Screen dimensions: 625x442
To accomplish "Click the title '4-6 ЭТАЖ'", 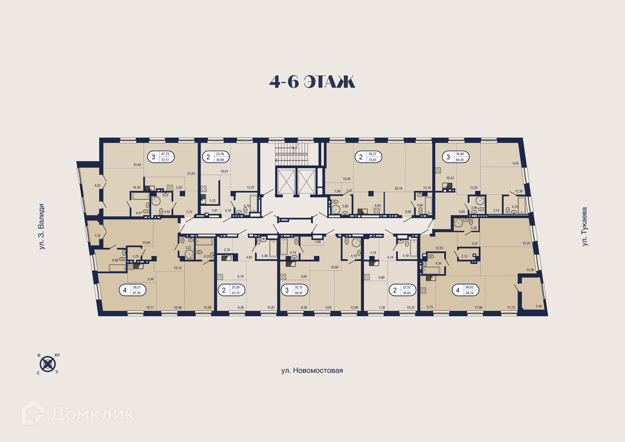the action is point(312,82).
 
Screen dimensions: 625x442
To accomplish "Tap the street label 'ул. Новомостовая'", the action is point(312,370).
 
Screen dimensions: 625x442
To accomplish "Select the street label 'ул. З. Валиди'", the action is point(41,227).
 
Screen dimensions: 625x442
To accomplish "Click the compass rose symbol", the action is point(48,364).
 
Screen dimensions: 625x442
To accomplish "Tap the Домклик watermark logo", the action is point(78,413).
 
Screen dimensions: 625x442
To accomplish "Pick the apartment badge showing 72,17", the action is point(161,157).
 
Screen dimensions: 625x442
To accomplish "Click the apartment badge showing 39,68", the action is point(216,157).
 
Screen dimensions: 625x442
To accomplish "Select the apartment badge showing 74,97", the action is point(368,157).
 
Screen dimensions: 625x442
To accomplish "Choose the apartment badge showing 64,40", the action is point(456,157).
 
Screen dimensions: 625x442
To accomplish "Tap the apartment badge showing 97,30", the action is point(132,290).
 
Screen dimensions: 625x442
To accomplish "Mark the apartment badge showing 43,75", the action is point(231,290).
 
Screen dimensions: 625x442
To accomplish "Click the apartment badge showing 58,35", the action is point(295,290).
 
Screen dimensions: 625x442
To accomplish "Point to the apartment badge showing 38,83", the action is point(403,290).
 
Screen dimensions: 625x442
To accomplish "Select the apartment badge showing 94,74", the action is point(465,290).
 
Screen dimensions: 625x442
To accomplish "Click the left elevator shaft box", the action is point(286,182).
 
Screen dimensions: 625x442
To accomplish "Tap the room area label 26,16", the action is point(398,188).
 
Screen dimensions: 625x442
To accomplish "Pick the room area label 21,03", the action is point(191,173).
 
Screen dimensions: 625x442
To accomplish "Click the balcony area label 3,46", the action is point(539,306).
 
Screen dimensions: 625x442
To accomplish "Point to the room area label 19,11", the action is point(150,308).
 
